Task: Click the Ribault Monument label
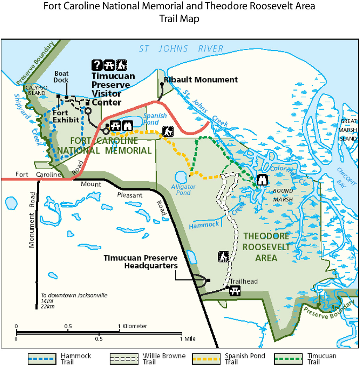tap(201, 80)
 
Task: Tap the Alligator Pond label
tap(183, 190)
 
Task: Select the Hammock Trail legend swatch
tap(42, 359)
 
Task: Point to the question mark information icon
tap(97, 64)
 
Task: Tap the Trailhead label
tap(243, 281)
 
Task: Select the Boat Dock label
tap(61, 77)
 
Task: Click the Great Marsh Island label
tap(349, 130)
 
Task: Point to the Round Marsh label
tap(283, 195)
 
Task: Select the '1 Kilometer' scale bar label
tap(133, 326)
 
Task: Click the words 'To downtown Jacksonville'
tap(74, 295)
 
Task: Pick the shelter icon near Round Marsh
tap(262, 180)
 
